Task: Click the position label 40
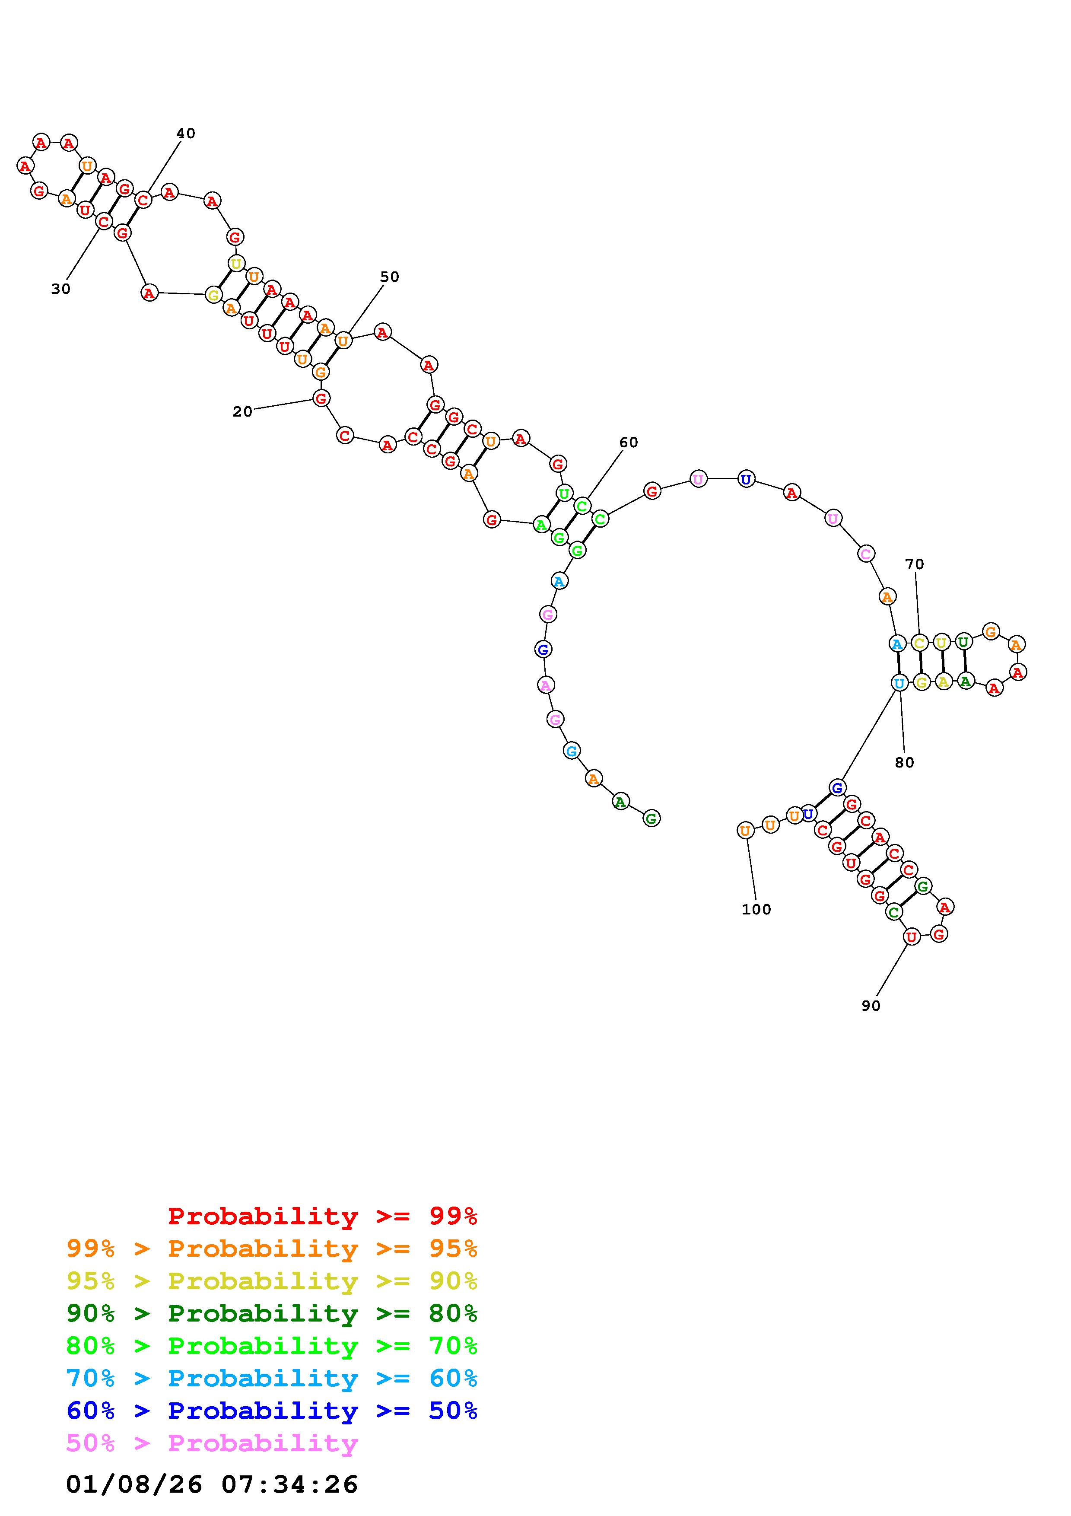tap(185, 134)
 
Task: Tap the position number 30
tap(61, 289)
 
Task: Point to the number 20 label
tap(242, 412)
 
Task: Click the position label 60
tap(628, 443)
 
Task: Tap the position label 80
tap(904, 763)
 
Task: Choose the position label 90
tap(871, 1006)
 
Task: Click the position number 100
tap(756, 909)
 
